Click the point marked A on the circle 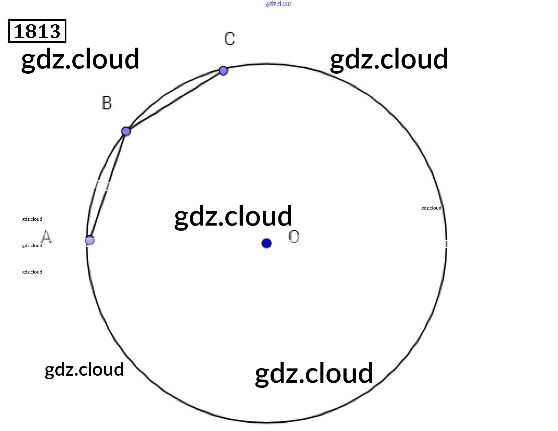point(90,240)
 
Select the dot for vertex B point(126,131)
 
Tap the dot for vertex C point(223,71)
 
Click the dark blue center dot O point(266,243)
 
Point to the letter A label point(46,237)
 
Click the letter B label point(107,103)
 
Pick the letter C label point(230,39)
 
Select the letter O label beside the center point(294,237)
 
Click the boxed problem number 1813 point(37,31)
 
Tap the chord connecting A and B point(108,186)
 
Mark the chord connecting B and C point(175,101)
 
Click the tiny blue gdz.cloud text point(279,4)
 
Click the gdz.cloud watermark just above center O point(233,216)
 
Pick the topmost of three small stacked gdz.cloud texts point(32,219)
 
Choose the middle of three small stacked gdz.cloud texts point(32,245)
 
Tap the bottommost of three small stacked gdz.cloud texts point(32,272)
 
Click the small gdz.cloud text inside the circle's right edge point(431,208)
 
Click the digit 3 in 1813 point(54,31)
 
